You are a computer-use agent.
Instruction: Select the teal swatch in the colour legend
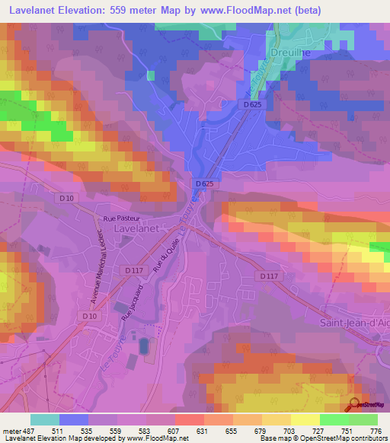click(x=45, y=419)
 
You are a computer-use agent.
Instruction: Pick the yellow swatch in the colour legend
click(x=305, y=419)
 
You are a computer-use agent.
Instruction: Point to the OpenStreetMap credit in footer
click(x=344, y=439)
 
